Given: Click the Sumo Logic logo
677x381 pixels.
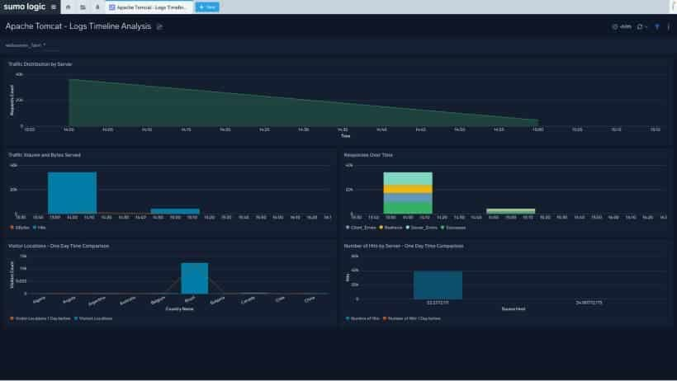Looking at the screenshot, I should click(24, 7).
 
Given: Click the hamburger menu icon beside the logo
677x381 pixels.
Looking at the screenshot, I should click(54, 7).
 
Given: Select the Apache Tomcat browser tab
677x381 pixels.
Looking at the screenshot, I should click(149, 7).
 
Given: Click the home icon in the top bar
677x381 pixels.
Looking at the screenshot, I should click(69, 7).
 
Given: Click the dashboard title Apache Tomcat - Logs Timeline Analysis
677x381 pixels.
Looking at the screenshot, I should click(78, 26).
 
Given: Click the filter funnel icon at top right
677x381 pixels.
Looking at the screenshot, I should click(656, 26).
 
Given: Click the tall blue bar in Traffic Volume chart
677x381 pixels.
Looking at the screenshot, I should click(72, 192).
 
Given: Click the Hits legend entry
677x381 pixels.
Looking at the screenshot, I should click(39, 227).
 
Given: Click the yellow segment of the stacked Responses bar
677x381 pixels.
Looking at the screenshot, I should click(408, 189).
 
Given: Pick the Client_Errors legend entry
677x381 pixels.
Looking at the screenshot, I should click(362, 227).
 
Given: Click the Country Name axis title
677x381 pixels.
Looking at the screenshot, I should click(178, 309).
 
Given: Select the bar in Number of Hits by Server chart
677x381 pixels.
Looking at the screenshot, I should click(438, 285).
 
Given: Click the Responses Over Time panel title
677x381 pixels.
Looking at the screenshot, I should click(368, 154).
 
